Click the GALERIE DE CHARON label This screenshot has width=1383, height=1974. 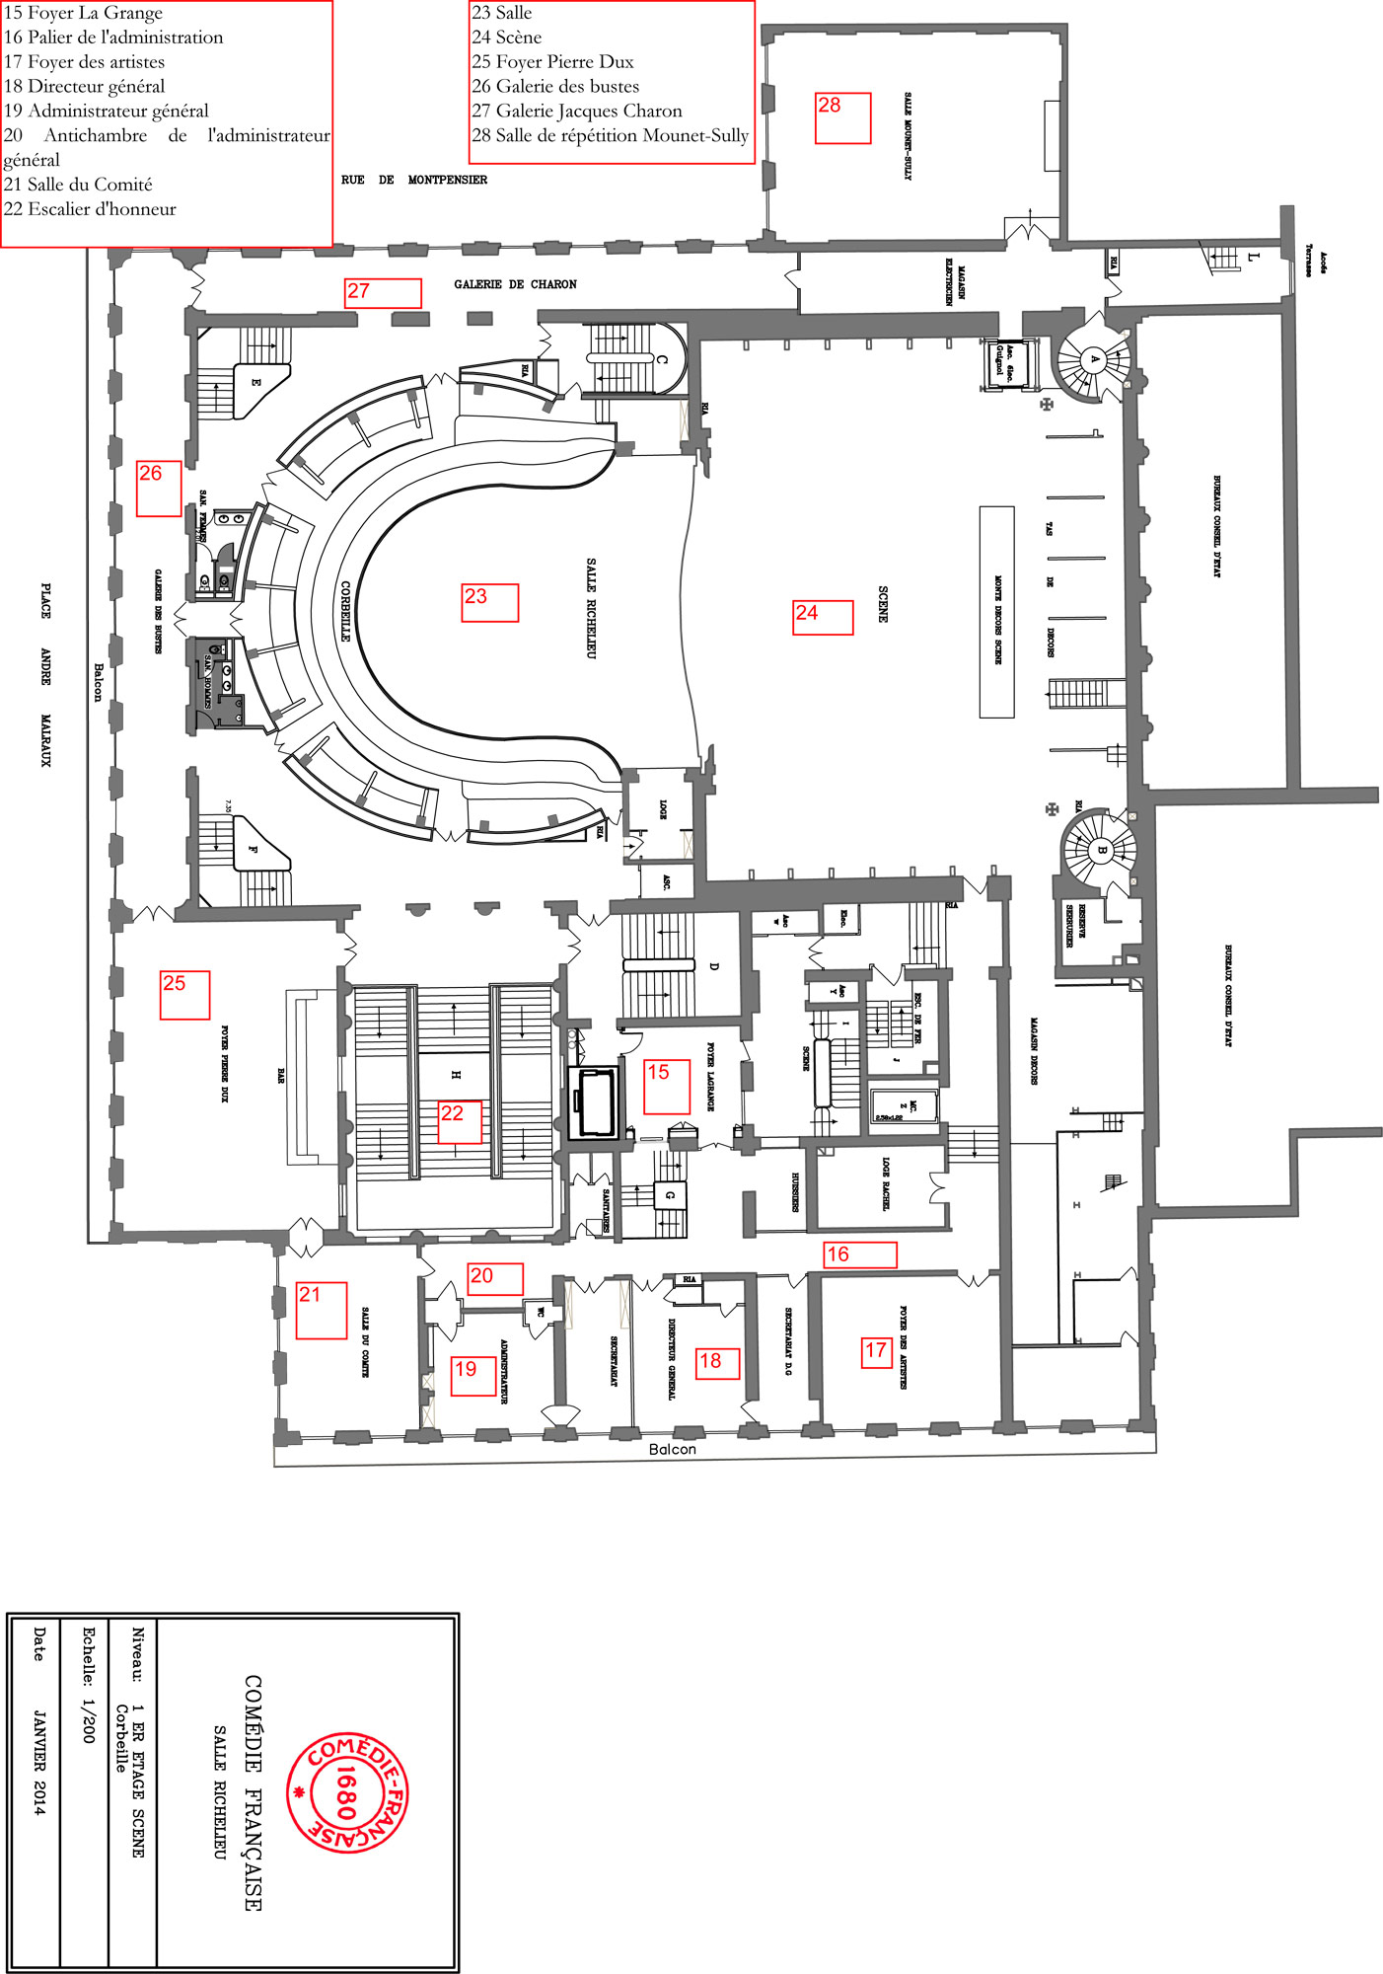(515, 284)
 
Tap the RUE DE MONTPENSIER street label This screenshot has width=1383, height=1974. (413, 180)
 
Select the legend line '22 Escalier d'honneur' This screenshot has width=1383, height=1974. (90, 209)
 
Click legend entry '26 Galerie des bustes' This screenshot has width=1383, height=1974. (555, 87)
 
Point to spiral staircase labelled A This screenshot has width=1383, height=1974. (1093, 360)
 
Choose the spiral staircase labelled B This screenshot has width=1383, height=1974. (1101, 849)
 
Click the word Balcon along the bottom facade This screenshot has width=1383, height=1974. (672, 1449)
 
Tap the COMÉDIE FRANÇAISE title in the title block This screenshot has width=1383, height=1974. (254, 1792)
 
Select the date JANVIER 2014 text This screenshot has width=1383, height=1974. (38, 1762)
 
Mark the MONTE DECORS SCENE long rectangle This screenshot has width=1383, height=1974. (996, 611)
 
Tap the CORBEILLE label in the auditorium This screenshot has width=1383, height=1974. (345, 611)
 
